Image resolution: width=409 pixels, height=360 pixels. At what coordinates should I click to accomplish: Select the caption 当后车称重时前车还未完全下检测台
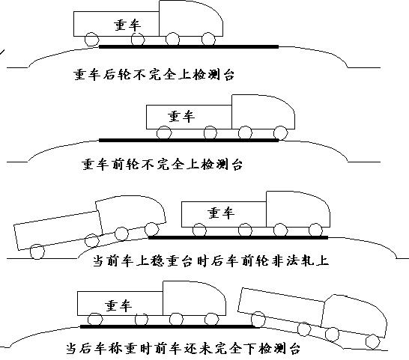197,349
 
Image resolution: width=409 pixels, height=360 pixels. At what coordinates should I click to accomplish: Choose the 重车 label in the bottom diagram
118,305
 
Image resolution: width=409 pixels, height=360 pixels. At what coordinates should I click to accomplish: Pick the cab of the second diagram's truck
262,112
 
